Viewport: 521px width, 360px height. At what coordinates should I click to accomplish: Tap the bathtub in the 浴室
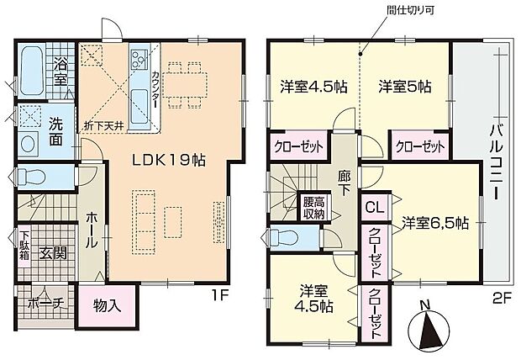point(30,67)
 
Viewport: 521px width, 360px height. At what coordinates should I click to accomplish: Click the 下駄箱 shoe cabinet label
point(25,250)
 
